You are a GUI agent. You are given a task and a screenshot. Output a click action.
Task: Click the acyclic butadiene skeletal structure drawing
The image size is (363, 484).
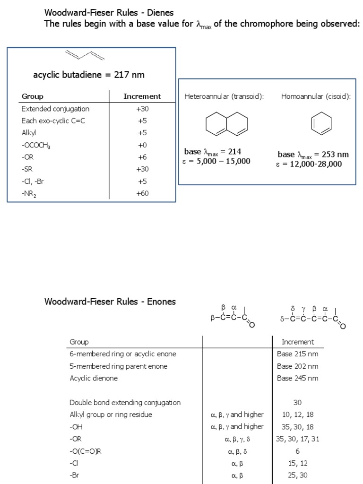coord(85,56)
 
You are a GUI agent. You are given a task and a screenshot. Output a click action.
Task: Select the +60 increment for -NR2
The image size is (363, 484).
coord(142,193)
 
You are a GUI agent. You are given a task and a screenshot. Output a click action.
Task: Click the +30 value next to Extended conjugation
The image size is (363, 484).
coord(142,109)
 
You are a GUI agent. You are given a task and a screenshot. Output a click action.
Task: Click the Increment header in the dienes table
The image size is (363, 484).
coord(142,96)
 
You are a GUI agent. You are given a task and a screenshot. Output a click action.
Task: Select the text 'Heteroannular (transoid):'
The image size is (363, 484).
coord(224,97)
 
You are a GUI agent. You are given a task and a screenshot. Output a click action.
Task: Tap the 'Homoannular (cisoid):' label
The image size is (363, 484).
coord(316,97)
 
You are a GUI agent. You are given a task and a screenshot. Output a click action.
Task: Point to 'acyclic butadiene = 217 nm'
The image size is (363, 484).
coord(89,75)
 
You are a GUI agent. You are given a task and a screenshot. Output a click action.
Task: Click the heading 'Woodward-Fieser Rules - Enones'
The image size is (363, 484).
coord(110,302)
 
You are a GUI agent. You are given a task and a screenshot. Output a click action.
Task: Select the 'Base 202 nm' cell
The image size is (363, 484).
coord(297,366)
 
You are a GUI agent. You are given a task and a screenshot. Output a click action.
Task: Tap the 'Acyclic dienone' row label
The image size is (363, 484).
coord(94,378)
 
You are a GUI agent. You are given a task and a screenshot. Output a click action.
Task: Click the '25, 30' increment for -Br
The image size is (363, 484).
coord(297,475)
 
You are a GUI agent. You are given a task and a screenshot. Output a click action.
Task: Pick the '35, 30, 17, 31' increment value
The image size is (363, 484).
coord(297,439)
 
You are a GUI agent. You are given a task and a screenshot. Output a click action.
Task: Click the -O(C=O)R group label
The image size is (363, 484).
coord(86,451)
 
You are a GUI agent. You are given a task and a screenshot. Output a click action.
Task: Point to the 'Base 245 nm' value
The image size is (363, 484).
coord(297,378)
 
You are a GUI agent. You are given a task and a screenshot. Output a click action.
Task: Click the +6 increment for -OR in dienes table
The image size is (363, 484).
coord(142,157)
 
